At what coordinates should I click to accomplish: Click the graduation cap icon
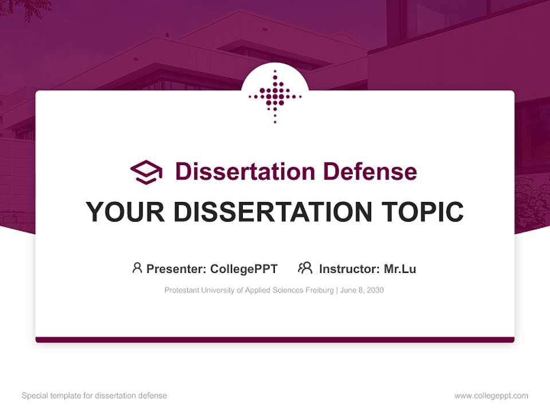click(x=146, y=172)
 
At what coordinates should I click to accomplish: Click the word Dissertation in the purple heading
click(x=245, y=172)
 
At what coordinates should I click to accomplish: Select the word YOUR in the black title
click(x=125, y=212)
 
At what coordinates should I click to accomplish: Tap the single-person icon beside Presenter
click(x=137, y=268)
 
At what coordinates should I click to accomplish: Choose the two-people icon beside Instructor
click(x=305, y=268)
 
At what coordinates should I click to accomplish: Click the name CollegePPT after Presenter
click(x=244, y=268)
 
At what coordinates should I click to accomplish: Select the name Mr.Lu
click(x=400, y=268)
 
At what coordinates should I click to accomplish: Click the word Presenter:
click(x=176, y=268)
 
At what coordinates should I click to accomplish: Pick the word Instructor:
click(x=349, y=268)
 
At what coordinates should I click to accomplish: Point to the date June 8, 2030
click(x=362, y=290)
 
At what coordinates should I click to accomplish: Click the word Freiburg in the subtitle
click(x=319, y=290)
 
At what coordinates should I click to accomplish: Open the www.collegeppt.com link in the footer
click(x=491, y=396)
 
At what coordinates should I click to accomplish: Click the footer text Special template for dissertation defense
click(x=95, y=396)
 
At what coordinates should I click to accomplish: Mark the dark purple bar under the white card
click(x=275, y=340)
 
